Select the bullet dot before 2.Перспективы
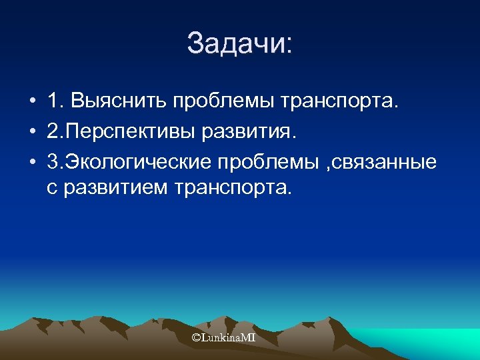point(32,132)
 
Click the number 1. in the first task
point(55,103)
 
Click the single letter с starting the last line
point(52,189)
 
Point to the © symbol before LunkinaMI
point(196,339)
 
